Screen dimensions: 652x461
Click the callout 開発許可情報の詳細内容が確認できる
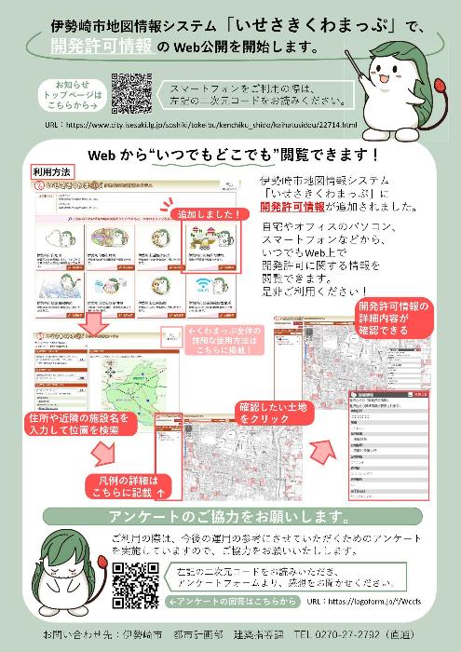click(392, 318)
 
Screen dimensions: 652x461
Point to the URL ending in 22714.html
click(201, 123)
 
